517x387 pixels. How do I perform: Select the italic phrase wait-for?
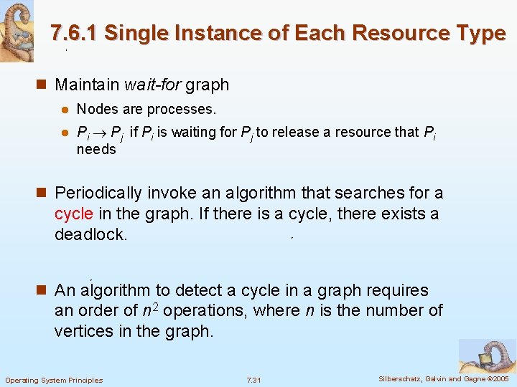[153, 85]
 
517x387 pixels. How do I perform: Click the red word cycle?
[74, 214]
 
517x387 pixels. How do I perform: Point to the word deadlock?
[90, 234]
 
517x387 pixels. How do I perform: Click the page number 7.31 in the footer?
[253, 380]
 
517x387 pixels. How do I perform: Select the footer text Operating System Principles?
[54, 380]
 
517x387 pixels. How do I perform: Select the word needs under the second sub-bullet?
[96, 149]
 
